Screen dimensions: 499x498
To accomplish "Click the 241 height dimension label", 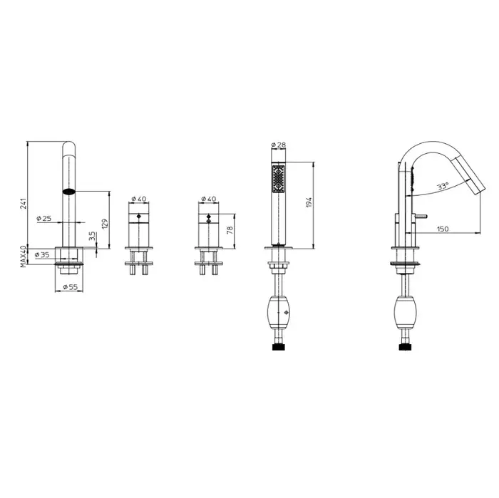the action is click(x=24, y=203).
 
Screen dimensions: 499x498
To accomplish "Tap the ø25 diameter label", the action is click(x=43, y=219).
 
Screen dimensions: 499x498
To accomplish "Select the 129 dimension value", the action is click(x=105, y=223).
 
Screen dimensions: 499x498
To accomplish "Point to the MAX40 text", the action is click(x=24, y=256).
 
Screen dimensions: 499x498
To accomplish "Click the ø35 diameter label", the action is click(x=42, y=255).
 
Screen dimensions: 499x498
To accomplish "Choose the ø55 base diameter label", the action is click(x=71, y=287).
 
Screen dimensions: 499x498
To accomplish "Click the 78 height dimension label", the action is click(x=230, y=230).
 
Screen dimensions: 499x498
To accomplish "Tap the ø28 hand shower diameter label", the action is click(x=279, y=145).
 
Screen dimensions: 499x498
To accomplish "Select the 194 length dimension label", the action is click(x=309, y=202).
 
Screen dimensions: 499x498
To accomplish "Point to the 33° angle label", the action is click(x=443, y=186).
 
